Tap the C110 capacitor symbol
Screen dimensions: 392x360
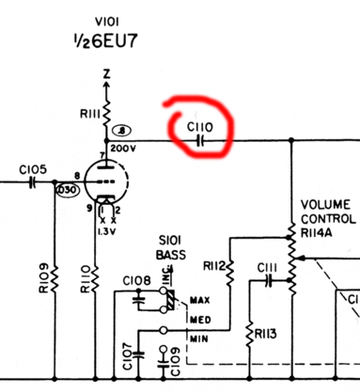coord(199,140)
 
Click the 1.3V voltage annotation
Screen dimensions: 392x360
coord(106,228)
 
